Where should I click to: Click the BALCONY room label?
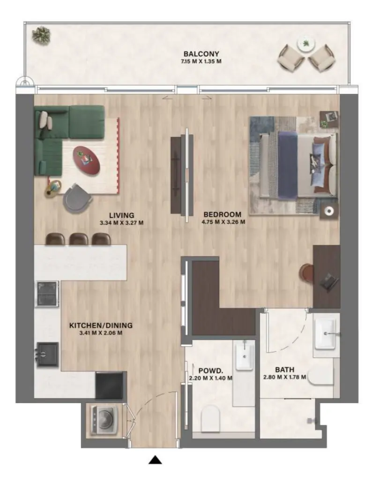click(201, 54)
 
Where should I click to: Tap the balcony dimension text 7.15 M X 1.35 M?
click(201, 61)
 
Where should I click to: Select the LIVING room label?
click(122, 216)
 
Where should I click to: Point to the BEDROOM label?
click(223, 215)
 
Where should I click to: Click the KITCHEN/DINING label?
click(101, 325)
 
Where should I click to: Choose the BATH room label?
click(284, 369)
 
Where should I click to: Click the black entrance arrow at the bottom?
click(155, 461)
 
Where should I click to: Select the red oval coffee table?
click(87, 160)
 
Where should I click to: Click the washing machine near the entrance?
click(104, 419)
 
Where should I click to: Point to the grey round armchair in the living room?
click(77, 198)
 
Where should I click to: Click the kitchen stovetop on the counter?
click(47, 294)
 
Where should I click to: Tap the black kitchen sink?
click(48, 354)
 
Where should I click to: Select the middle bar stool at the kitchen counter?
click(78, 238)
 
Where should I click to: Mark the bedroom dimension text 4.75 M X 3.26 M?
click(223, 222)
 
